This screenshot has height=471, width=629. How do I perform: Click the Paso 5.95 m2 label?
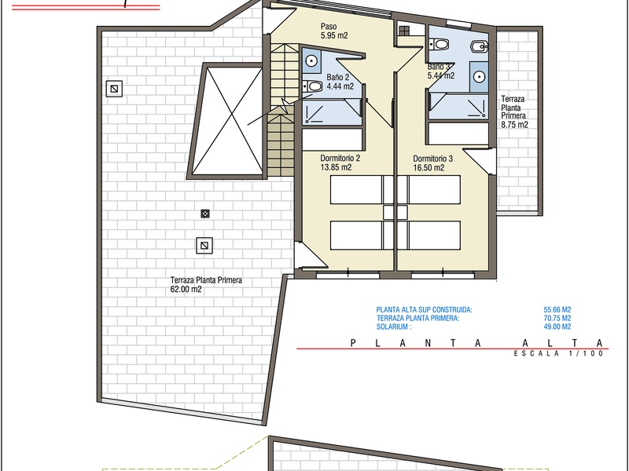(x=334, y=31)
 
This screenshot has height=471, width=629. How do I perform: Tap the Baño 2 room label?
(x=338, y=77)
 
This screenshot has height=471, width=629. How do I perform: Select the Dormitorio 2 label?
(x=340, y=159)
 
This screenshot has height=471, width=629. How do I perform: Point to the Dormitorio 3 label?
(x=433, y=159)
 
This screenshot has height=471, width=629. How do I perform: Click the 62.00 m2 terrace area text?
(x=186, y=289)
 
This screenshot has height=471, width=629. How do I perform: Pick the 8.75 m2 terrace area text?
(x=514, y=125)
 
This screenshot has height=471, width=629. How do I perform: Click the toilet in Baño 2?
(x=313, y=86)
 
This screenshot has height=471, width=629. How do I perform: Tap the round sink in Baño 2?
(x=311, y=61)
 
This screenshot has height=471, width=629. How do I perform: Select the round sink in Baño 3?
(x=480, y=76)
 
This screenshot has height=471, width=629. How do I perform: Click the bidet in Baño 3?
(x=479, y=47)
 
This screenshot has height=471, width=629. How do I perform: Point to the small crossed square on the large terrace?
(x=205, y=214)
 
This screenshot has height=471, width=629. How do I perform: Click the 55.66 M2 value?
(x=557, y=309)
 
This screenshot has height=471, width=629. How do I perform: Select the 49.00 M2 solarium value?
(x=557, y=327)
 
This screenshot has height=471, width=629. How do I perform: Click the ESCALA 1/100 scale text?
(x=559, y=354)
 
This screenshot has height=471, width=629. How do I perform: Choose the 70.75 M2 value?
(x=557, y=318)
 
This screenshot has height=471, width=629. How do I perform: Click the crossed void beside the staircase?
(x=226, y=121)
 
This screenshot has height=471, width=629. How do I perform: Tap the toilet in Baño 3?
(x=440, y=44)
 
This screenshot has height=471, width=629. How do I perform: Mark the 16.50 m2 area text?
(x=429, y=168)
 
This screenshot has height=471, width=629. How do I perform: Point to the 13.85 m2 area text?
(x=336, y=167)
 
